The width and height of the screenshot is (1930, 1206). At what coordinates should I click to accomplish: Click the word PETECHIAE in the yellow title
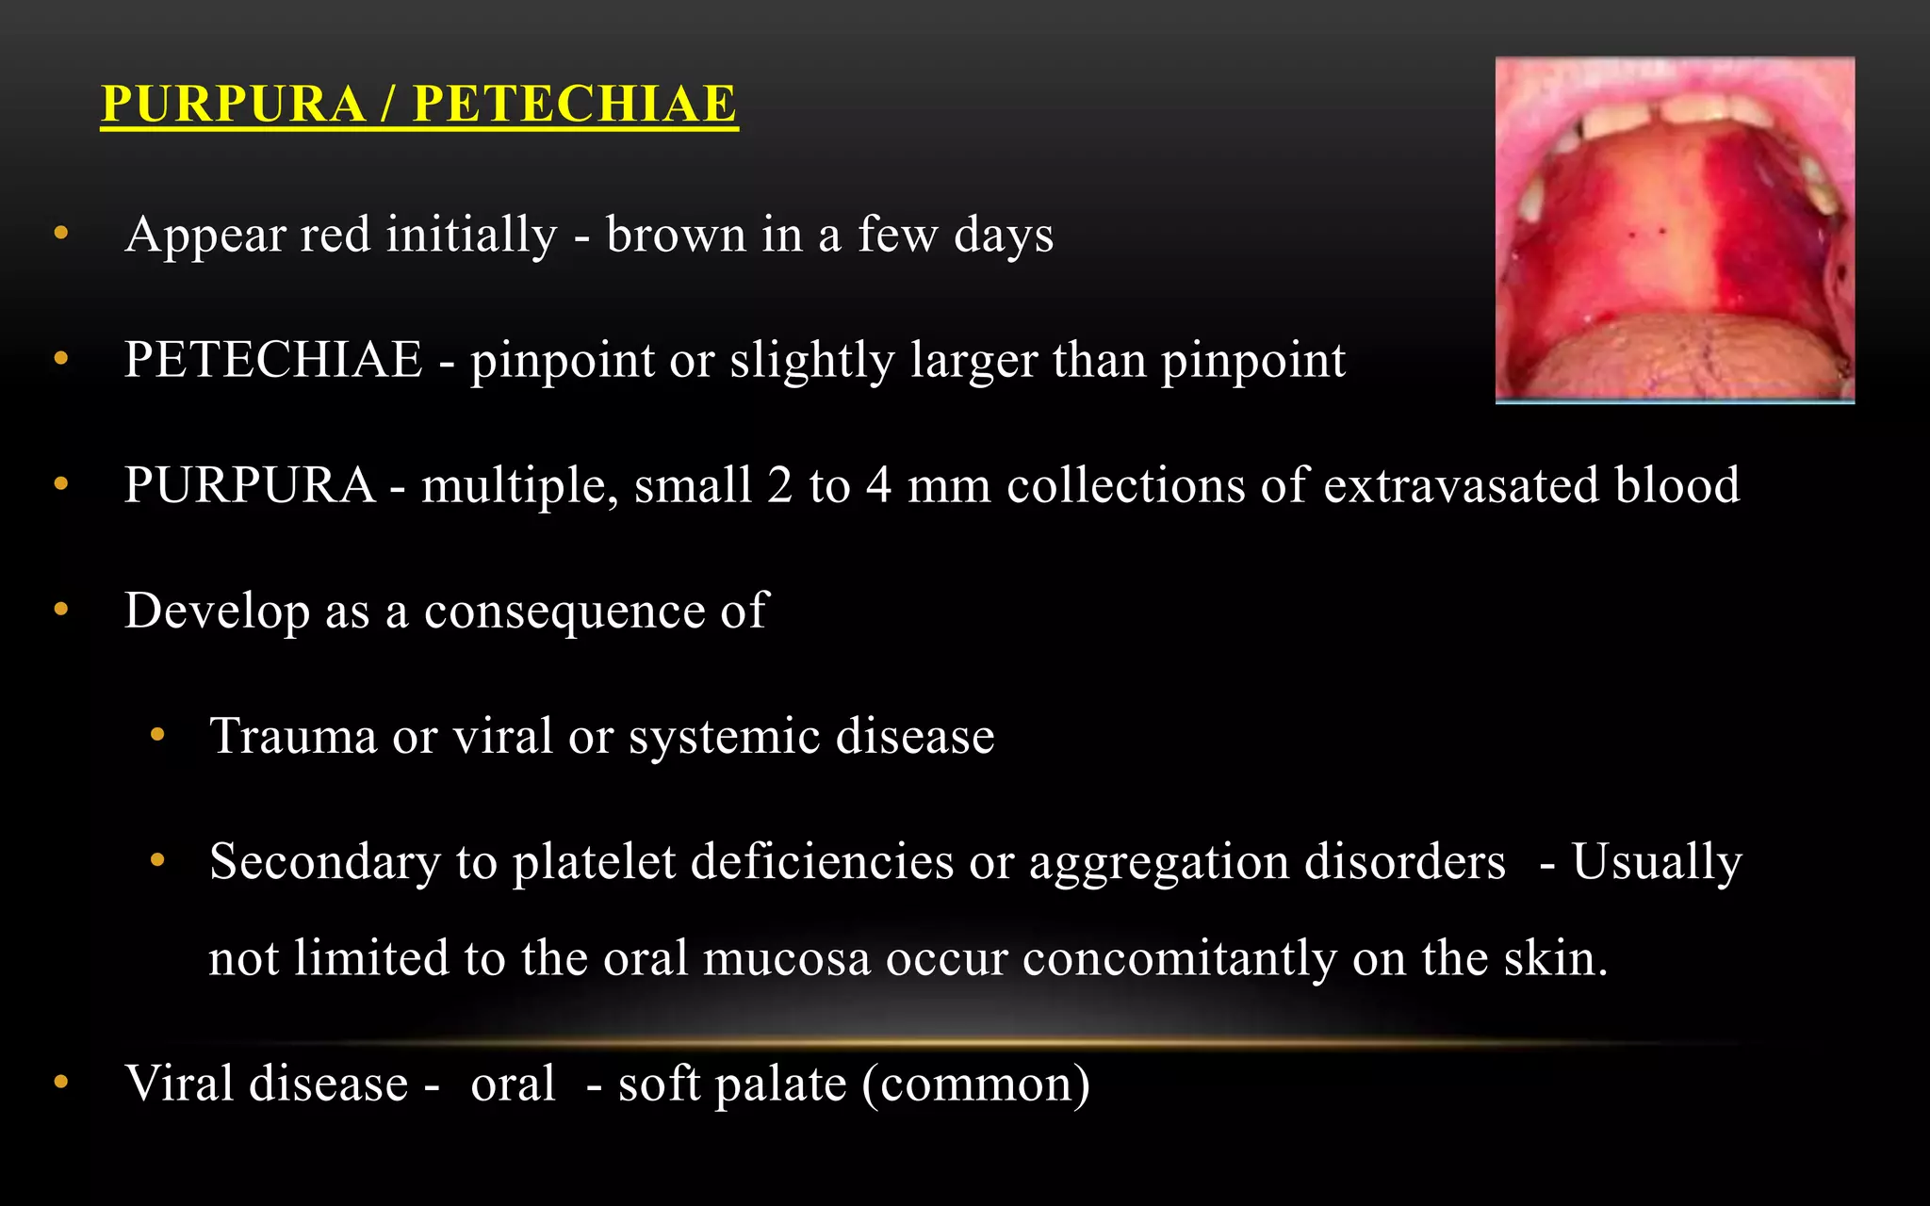[x=575, y=104]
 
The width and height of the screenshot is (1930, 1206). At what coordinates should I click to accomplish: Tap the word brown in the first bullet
[x=676, y=235]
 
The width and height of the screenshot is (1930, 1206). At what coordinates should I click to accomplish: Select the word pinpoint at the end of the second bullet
[x=1252, y=361]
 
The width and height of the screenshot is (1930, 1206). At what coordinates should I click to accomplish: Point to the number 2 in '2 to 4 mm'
[x=779, y=485]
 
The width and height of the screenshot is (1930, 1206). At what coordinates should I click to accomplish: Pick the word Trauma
[x=293, y=736]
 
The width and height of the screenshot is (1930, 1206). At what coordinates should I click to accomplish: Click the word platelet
[x=594, y=861]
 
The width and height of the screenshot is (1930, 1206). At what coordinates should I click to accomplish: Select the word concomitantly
[x=1179, y=958]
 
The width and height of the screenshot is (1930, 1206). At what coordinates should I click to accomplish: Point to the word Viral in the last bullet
[x=179, y=1083]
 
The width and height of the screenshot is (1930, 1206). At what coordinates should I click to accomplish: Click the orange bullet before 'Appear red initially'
[x=61, y=233]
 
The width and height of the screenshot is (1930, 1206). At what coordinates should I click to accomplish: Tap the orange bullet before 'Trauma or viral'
[x=157, y=734]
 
